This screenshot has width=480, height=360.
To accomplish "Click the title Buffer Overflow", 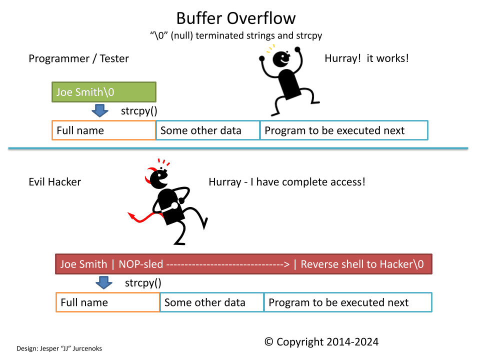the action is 236,18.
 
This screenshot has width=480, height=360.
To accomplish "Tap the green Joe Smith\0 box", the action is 104,92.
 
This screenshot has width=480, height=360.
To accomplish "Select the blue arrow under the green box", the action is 100,110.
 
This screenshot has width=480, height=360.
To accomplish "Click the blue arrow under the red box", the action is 104,282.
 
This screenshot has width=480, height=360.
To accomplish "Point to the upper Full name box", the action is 104,130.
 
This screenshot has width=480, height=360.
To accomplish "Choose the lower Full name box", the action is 108,302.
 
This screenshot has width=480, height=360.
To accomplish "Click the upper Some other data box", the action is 207,130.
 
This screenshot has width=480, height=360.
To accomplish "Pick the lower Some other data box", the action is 211,302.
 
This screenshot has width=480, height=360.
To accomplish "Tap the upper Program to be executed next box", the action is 344,130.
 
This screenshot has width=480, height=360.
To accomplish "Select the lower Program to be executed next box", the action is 348,302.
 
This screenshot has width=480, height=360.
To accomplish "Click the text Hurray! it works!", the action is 366,58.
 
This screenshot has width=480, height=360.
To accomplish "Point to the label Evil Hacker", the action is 55,182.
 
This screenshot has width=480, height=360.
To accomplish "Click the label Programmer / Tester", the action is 78,58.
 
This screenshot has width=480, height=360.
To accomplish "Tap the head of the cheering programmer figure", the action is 281,59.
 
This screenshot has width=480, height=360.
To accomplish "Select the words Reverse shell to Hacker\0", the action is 362,264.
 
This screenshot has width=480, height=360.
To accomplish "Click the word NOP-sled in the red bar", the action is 141,264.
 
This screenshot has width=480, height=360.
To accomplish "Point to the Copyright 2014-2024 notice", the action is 321,342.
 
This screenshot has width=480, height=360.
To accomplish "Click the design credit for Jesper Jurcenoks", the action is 59,348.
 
